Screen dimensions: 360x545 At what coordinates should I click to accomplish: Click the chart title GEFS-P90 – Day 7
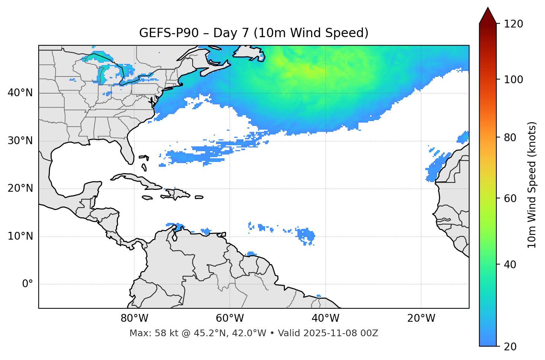[x=254, y=33]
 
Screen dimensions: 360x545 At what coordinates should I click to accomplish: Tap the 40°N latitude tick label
[x=20, y=93]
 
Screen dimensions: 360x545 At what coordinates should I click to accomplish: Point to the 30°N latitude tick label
[x=20, y=141]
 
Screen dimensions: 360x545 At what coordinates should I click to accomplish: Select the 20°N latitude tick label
[x=20, y=188]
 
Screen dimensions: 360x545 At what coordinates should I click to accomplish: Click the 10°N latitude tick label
[x=20, y=236]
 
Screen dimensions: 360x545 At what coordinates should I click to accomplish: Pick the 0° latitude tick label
[x=28, y=284]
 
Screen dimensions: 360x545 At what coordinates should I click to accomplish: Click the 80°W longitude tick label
[x=134, y=318]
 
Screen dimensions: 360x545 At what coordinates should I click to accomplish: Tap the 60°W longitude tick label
[x=230, y=318]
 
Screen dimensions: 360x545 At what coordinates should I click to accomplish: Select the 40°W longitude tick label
[x=325, y=318]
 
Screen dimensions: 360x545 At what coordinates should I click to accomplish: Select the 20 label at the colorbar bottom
[x=511, y=347]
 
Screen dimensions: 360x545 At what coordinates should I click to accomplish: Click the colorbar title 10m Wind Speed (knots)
[x=532, y=185]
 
